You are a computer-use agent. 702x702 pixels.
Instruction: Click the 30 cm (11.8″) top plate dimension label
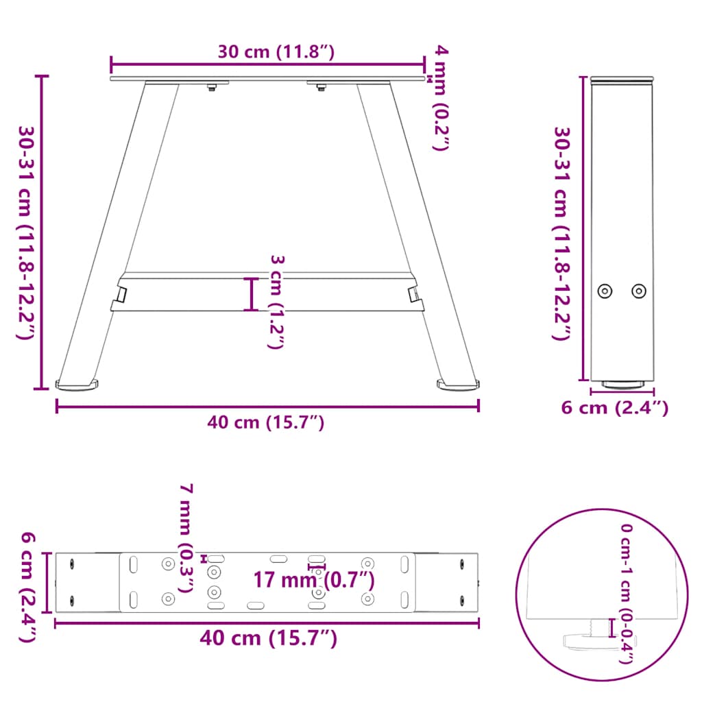tap(276, 52)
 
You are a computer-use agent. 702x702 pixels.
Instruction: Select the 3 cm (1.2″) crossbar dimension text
tap(276, 302)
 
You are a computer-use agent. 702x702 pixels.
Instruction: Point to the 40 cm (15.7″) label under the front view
tap(266, 423)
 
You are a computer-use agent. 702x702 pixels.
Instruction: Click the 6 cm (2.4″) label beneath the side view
tap(614, 408)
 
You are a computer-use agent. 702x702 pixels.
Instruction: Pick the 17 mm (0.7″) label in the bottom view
tap(314, 580)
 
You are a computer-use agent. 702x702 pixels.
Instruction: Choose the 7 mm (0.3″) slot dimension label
tap(186, 537)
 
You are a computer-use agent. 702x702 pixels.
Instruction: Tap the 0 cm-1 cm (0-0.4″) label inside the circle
tap(625, 594)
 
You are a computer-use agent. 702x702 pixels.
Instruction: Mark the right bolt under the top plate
tap(321, 86)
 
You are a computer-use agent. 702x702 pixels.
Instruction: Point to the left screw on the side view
tap(605, 291)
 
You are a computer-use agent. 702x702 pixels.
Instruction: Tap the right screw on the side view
tap(639, 291)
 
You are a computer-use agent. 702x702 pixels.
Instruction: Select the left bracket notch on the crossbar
tap(120, 295)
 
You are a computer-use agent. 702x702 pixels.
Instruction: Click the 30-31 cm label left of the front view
tap(27, 233)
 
